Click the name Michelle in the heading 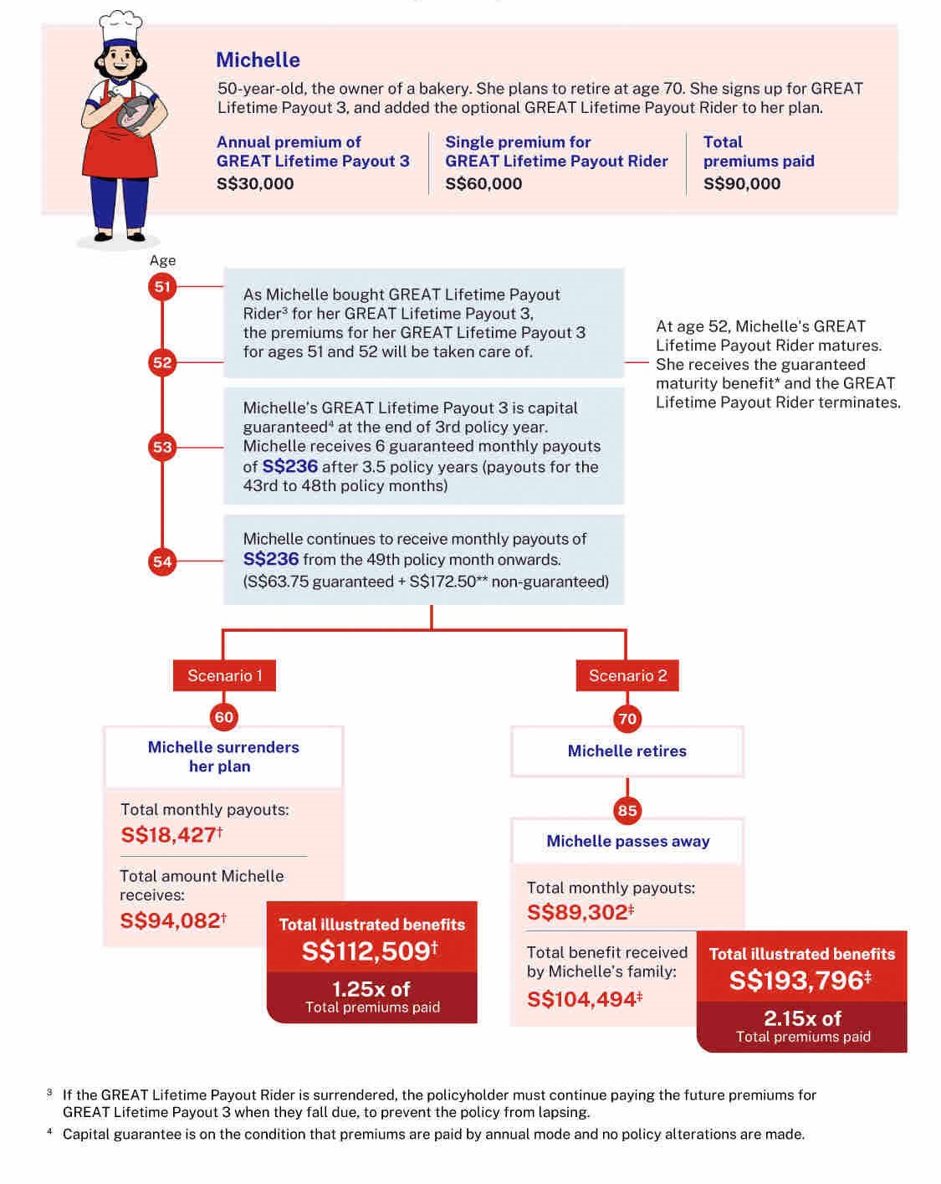pos(258,60)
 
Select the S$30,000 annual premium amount pos(255,184)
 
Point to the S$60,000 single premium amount pos(483,184)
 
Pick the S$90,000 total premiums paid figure pos(742,184)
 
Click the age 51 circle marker pos(162,287)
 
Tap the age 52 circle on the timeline pos(162,362)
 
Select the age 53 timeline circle pos(162,447)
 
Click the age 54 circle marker pos(162,561)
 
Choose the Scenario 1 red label pos(224,675)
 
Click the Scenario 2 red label pos(627,675)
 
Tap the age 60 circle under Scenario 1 pos(224,717)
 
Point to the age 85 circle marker pos(627,810)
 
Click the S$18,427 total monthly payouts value pos(170,835)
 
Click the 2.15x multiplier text pos(802,1018)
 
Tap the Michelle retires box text pos(627,751)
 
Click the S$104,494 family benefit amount pos(582,1000)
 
